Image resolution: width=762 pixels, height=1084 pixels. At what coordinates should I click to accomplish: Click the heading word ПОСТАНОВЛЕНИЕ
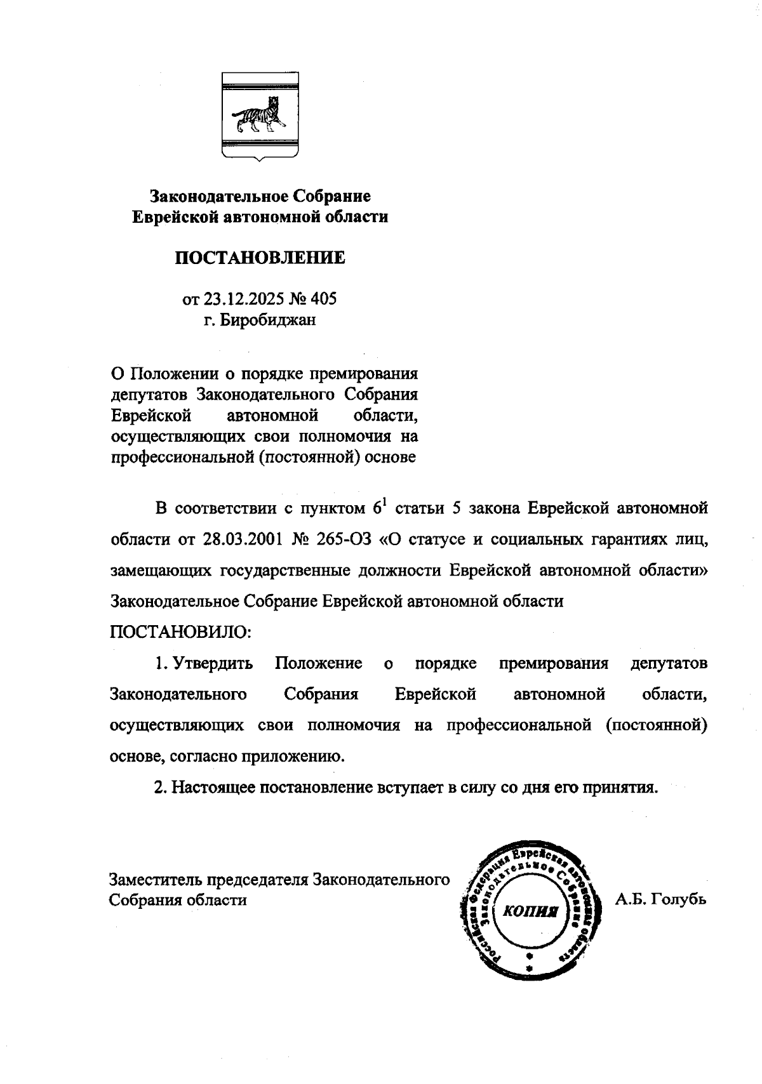tap(260, 258)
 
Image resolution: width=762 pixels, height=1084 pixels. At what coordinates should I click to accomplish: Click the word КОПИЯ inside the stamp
tap(529, 911)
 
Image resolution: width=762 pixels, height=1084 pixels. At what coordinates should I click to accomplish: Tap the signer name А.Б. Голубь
tap(660, 899)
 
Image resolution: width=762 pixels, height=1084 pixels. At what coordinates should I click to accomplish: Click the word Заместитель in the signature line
tap(156, 880)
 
